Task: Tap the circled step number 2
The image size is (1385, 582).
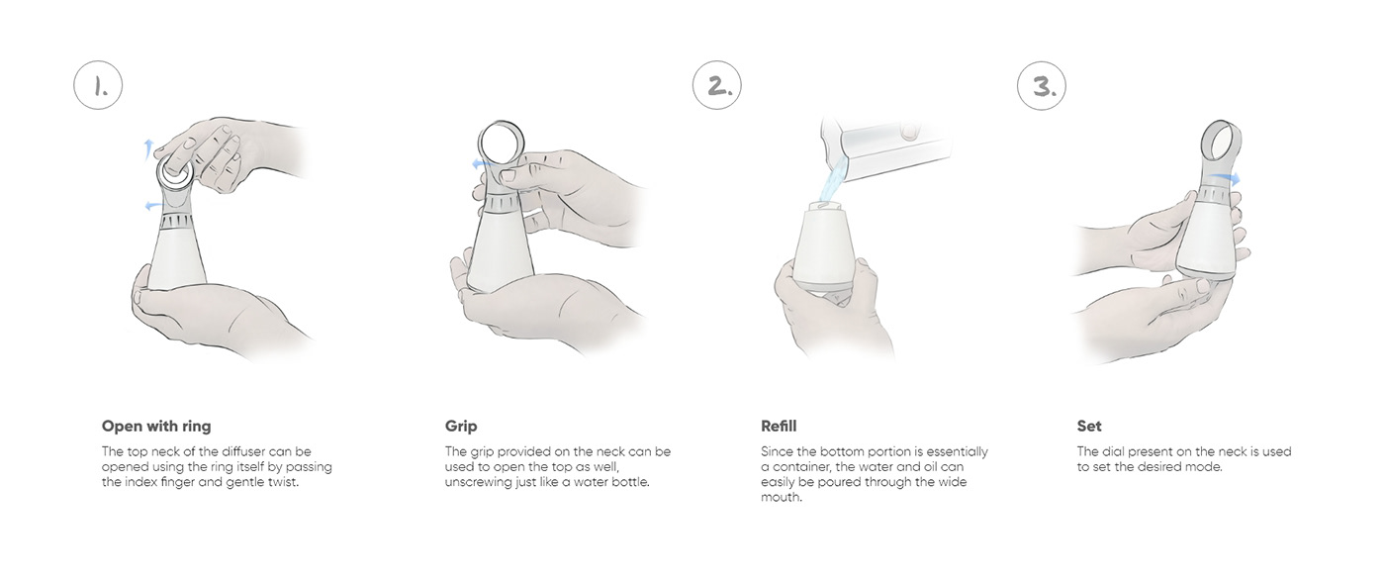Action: [717, 86]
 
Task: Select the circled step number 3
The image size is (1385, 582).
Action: [1043, 86]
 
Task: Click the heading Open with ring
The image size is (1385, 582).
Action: [156, 427]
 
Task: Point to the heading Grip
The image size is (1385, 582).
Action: [461, 427]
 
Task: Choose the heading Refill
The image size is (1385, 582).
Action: [779, 427]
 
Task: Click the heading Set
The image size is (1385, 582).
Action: [1089, 427]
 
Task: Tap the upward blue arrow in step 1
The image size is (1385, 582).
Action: [147, 149]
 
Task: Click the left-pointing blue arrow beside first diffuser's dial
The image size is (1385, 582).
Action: [152, 205]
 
